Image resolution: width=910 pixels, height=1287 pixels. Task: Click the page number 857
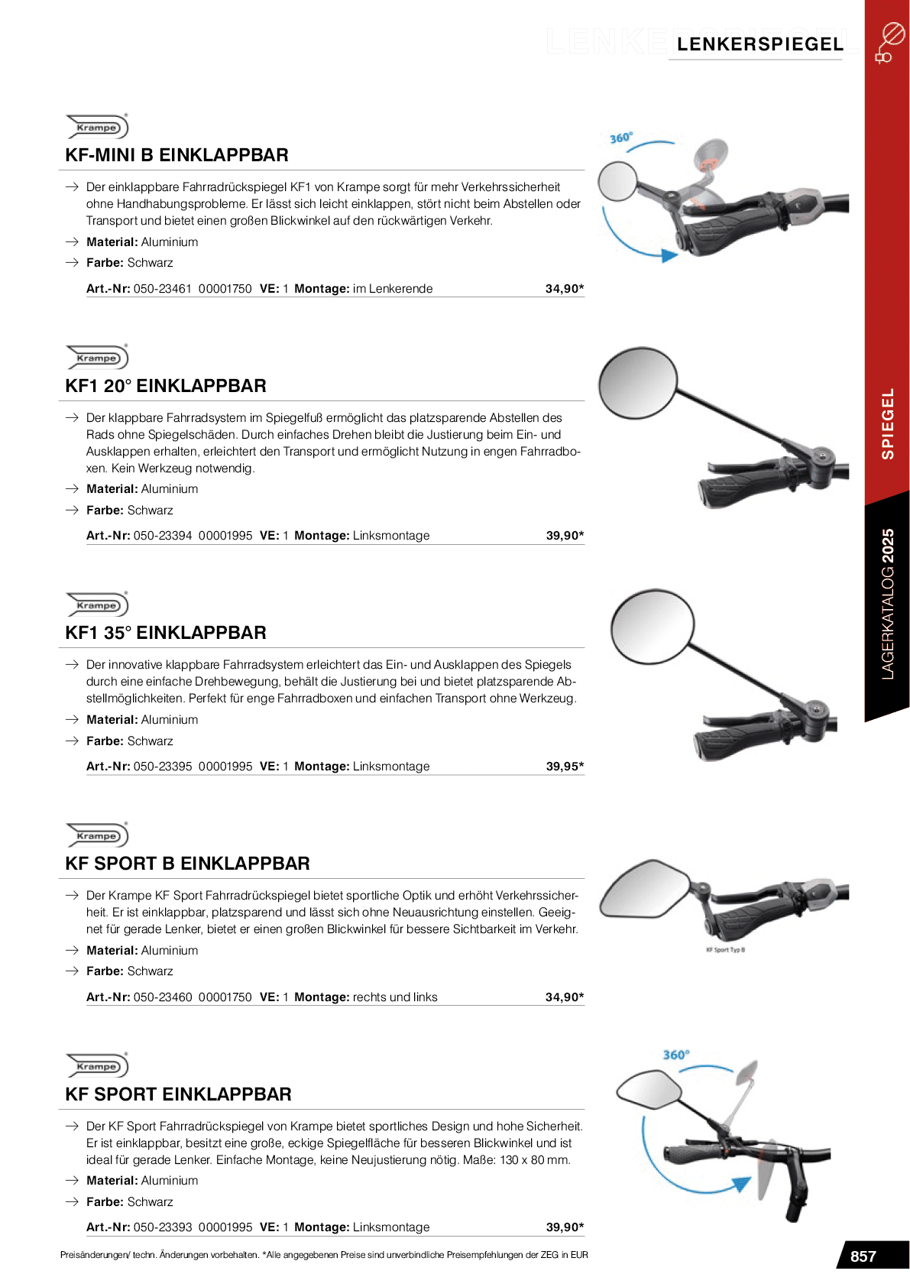coord(863,1256)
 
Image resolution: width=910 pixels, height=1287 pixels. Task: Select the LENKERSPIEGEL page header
coord(759,44)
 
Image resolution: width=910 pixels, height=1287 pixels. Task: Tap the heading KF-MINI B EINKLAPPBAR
coord(176,155)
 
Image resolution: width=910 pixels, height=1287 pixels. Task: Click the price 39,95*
coord(565,766)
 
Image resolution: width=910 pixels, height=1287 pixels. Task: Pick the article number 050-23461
coord(162,289)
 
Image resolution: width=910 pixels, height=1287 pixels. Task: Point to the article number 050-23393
coord(162,1227)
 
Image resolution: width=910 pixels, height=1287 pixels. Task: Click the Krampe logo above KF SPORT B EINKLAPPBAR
coord(97,835)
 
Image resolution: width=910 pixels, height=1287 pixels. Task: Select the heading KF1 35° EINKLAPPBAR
coord(166,633)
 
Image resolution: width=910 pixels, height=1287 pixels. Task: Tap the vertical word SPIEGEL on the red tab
coord(887,423)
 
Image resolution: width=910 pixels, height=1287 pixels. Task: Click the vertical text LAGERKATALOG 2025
coord(887,604)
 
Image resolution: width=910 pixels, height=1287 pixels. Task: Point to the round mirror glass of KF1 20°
coord(638,384)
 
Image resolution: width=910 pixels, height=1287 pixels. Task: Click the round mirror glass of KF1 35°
coord(653,626)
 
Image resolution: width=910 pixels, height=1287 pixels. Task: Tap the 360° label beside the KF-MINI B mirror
coord(620,138)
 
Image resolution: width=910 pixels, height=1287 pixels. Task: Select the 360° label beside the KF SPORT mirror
coord(675,1055)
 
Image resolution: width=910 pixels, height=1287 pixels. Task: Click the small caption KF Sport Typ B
coord(725,950)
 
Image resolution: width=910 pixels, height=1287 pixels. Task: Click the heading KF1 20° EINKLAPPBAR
coord(166,386)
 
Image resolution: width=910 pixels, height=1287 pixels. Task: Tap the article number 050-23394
coord(162,536)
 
